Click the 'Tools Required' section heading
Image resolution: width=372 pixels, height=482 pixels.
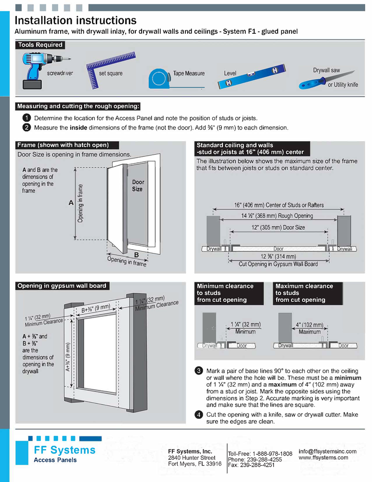40,45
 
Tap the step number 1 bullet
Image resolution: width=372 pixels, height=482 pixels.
27,118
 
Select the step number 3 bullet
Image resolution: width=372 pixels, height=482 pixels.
198,371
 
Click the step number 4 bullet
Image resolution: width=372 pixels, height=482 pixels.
198,415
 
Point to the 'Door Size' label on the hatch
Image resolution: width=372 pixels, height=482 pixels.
137,186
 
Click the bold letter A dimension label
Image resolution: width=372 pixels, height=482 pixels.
70,203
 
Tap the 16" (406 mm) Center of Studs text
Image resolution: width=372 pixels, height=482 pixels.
279,205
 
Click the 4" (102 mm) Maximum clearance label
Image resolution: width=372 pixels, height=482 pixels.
309,328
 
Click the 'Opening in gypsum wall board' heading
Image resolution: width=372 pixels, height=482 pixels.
62,286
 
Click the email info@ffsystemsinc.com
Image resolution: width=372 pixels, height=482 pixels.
327,451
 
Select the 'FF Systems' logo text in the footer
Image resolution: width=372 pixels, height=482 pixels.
64,450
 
